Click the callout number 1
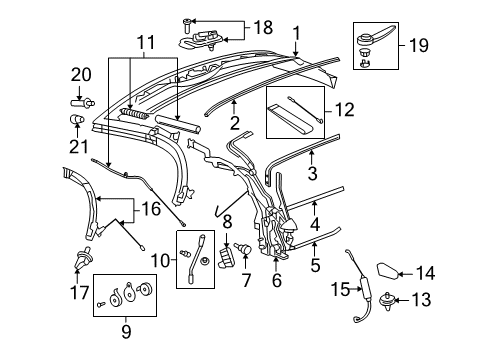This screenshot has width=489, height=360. [x=295, y=34]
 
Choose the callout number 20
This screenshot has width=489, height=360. [x=79, y=73]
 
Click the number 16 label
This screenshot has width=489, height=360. [x=150, y=210]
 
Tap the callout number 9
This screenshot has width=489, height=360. [x=159, y=261]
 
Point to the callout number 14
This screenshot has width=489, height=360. [x=452, y=326]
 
